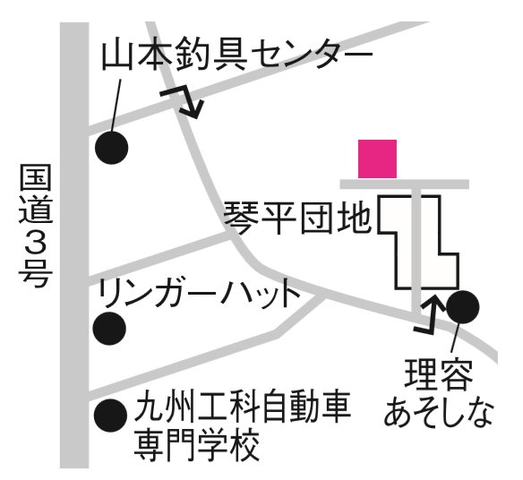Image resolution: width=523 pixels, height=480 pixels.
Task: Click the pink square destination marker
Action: pyautogui.click(x=377, y=159)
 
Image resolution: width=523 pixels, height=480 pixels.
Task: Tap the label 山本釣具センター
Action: pyautogui.click(x=236, y=56)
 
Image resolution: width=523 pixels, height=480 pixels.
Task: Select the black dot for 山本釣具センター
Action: pyautogui.click(x=111, y=148)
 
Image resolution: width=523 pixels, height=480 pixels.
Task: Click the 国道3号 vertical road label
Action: pyautogui.click(x=35, y=226)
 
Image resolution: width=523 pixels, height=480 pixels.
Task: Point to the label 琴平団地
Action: pyautogui.click(x=297, y=219)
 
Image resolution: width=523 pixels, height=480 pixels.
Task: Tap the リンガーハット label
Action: pyautogui.click(x=199, y=294)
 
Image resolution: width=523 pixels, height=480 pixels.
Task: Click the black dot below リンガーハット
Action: pyautogui.click(x=109, y=329)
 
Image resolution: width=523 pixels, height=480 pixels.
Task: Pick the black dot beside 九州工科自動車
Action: pyautogui.click(x=110, y=416)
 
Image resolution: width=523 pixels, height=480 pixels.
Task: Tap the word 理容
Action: pyautogui.click(x=439, y=374)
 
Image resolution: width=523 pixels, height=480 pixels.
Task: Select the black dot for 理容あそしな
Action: pyautogui.click(x=463, y=307)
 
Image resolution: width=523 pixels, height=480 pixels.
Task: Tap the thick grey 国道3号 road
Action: pyautogui.click(x=74, y=245)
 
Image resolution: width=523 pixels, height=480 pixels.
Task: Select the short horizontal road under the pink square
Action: pyautogui.click(x=404, y=184)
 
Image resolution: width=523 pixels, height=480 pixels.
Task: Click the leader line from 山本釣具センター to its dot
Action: pyautogui.click(x=116, y=106)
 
